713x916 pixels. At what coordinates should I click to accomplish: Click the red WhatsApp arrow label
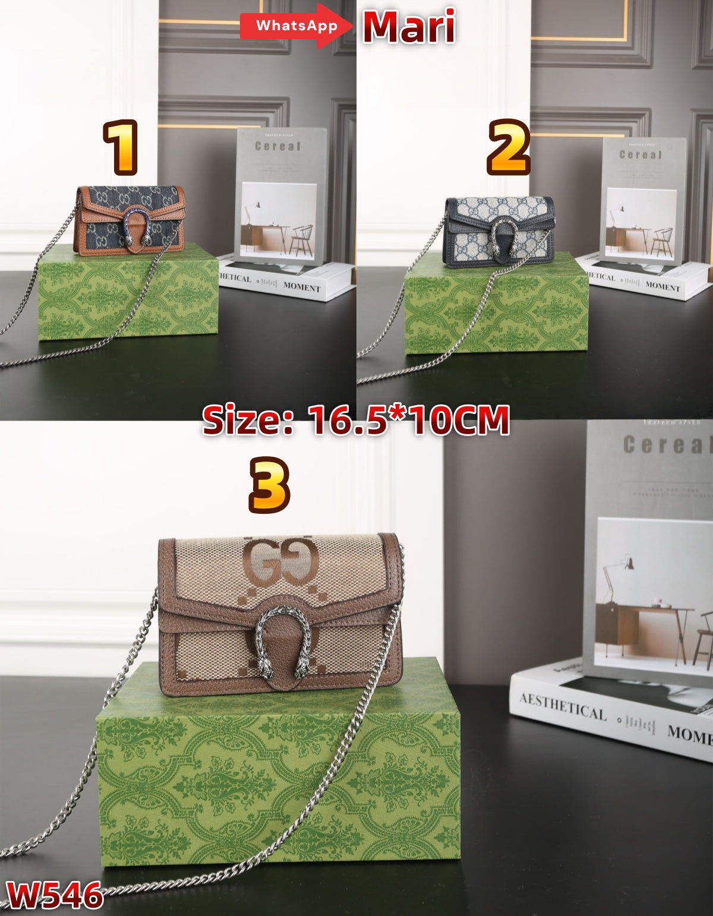point(295,26)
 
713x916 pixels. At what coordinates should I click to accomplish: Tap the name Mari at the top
point(409,27)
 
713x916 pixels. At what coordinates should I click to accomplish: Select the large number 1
point(121,147)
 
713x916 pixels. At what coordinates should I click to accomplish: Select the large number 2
point(508,147)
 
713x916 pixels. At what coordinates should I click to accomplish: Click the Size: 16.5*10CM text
point(355,420)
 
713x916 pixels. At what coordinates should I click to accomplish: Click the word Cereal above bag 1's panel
point(277,146)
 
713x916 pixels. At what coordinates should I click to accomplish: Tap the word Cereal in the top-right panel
point(641,154)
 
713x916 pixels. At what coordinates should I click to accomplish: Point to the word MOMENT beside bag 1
point(301,287)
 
